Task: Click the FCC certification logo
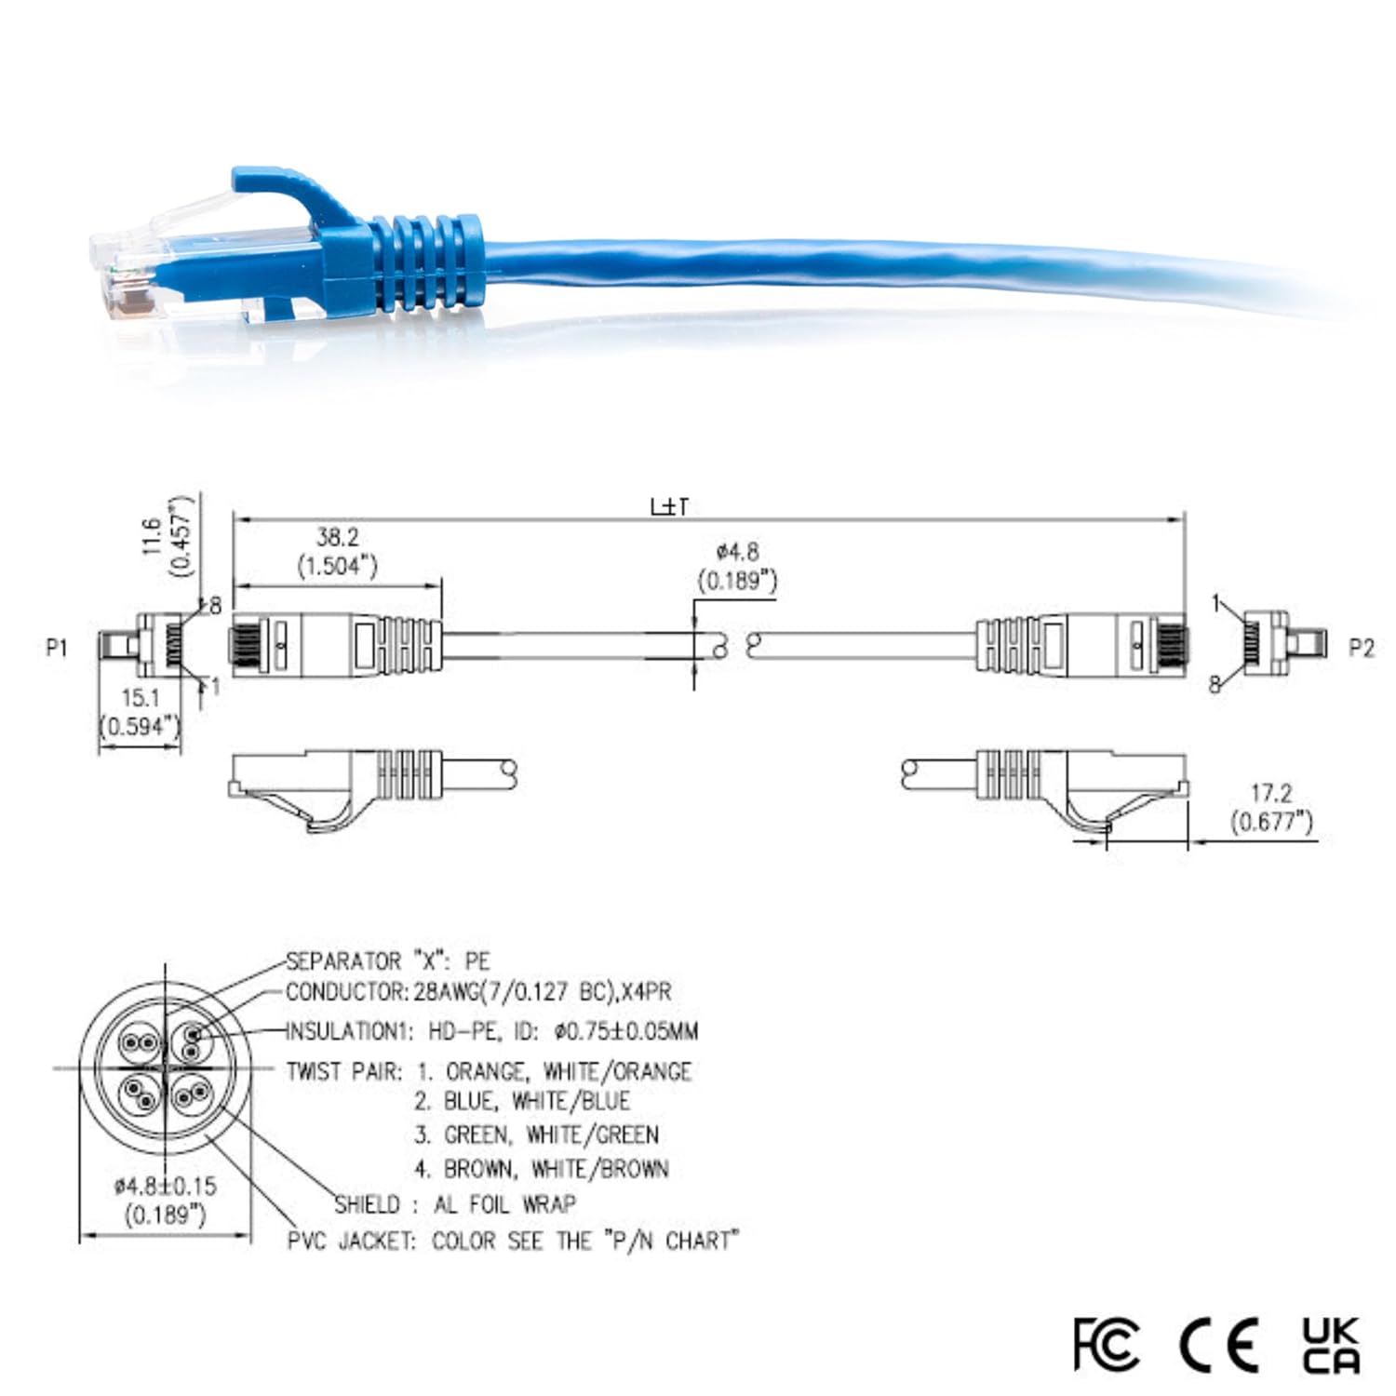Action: [x=1106, y=1344]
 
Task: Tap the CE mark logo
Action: [x=1219, y=1344]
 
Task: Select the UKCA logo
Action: [x=1331, y=1344]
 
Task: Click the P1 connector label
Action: [x=57, y=647]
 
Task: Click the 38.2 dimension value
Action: [x=337, y=537]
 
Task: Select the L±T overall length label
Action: [x=670, y=507]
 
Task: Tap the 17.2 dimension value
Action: [x=1271, y=793]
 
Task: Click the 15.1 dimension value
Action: [x=141, y=697]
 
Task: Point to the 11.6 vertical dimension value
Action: [x=153, y=536]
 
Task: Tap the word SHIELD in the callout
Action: [x=368, y=1204]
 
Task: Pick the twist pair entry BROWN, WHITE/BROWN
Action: [x=556, y=1169]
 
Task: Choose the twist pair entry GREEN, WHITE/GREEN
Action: [x=551, y=1135]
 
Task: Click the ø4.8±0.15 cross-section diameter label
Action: [x=165, y=1187]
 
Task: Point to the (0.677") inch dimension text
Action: [x=1271, y=822]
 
